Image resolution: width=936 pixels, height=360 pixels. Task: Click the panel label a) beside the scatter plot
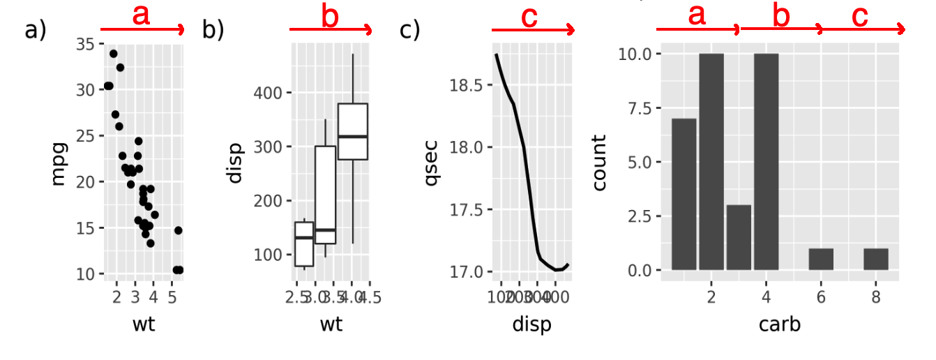click(x=34, y=31)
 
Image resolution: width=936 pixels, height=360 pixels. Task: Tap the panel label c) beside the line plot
click(x=409, y=31)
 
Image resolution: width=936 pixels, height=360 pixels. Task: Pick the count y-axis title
click(x=600, y=163)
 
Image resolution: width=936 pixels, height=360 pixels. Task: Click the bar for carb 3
click(x=739, y=237)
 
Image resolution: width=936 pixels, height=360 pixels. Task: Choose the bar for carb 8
click(x=875, y=259)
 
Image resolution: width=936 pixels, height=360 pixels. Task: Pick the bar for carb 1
click(x=684, y=194)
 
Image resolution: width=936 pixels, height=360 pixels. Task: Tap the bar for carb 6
click(x=821, y=259)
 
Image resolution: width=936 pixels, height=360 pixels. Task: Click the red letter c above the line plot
click(x=530, y=17)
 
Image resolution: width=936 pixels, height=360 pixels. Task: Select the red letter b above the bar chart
click(x=781, y=16)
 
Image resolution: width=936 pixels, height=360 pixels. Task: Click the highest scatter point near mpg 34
click(x=113, y=54)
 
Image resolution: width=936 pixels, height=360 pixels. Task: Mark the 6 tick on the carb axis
click(x=821, y=297)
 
